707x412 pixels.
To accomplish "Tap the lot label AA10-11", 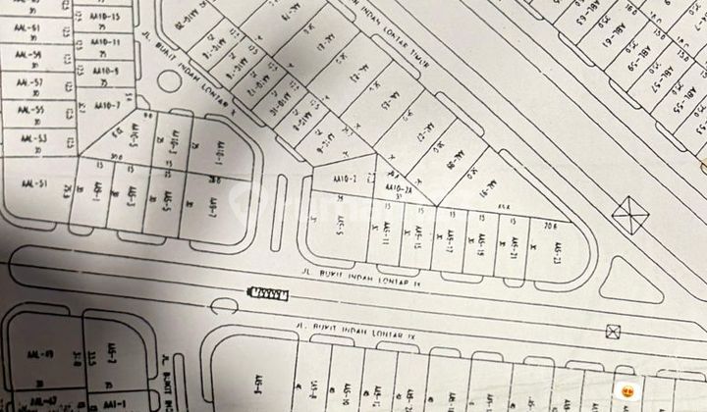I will [x=103, y=43].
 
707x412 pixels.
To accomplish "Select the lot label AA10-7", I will [x=104, y=105].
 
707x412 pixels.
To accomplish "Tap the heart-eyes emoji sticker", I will [x=625, y=391].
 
